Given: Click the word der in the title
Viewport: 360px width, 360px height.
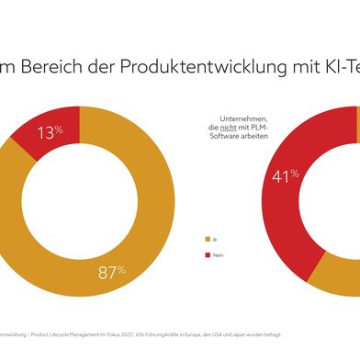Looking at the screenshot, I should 118,65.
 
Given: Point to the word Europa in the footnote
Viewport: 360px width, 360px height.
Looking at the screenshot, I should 232,333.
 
